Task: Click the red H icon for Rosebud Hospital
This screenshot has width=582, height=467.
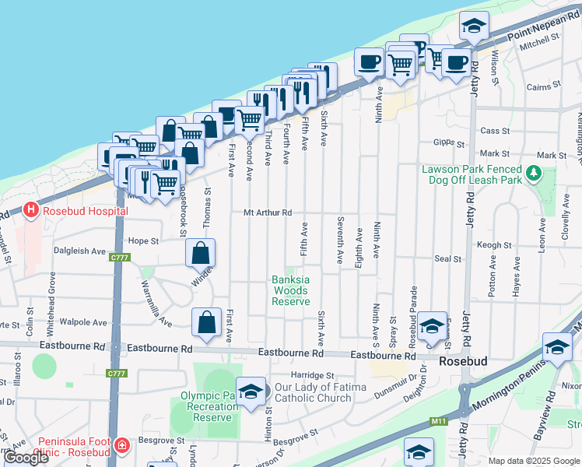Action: pyautogui.click(x=30, y=210)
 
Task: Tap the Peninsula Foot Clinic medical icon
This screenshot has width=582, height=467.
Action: pyautogui.click(x=121, y=446)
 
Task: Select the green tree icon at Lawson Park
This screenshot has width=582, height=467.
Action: pyautogui.click(x=533, y=173)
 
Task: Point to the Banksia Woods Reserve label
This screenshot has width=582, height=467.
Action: pyautogui.click(x=291, y=290)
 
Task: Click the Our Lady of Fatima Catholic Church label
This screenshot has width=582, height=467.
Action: pyautogui.click(x=317, y=393)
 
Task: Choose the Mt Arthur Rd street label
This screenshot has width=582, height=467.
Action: pyautogui.click(x=267, y=212)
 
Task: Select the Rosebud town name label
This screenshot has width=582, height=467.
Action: pyautogui.click(x=462, y=362)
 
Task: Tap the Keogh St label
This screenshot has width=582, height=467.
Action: pyautogui.click(x=494, y=244)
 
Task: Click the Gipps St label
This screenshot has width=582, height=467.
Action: pyautogui.click(x=449, y=144)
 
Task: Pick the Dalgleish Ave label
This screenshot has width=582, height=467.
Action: pyautogui.click(x=79, y=251)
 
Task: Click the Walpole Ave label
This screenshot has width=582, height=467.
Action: pyautogui.click(x=83, y=322)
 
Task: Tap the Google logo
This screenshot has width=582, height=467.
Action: pyautogui.click(x=26, y=458)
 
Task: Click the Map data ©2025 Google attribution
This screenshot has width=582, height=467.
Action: pyautogui.click(x=533, y=461)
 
